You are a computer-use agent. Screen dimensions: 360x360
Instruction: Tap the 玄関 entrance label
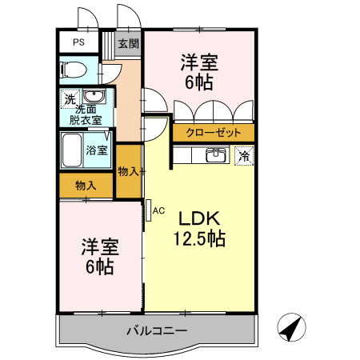[127, 44]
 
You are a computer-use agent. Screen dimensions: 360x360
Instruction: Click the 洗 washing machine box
[70, 100]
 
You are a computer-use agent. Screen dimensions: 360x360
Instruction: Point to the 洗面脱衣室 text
[85, 114]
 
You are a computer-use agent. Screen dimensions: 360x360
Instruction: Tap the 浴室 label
[97, 150]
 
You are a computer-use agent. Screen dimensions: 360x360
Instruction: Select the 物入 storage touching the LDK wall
[128, 171]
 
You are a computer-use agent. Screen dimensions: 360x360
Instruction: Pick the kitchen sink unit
[214, 154]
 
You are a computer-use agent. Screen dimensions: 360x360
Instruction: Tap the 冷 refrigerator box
[242, 156]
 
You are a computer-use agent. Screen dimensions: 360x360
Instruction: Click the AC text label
[158, 210]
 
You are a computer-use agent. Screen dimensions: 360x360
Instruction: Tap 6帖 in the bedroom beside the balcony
[98, 267]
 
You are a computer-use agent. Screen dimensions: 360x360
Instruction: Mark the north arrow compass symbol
[293, 327]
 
